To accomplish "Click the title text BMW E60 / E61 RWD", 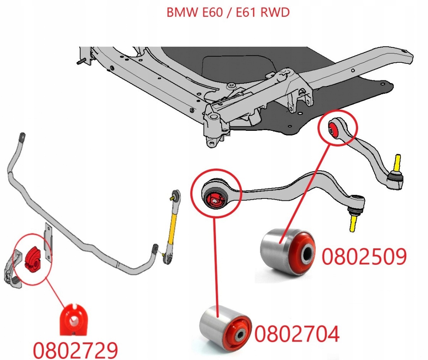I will (x=228, y=12).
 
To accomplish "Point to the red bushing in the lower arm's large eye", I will (x=215, y=199).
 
